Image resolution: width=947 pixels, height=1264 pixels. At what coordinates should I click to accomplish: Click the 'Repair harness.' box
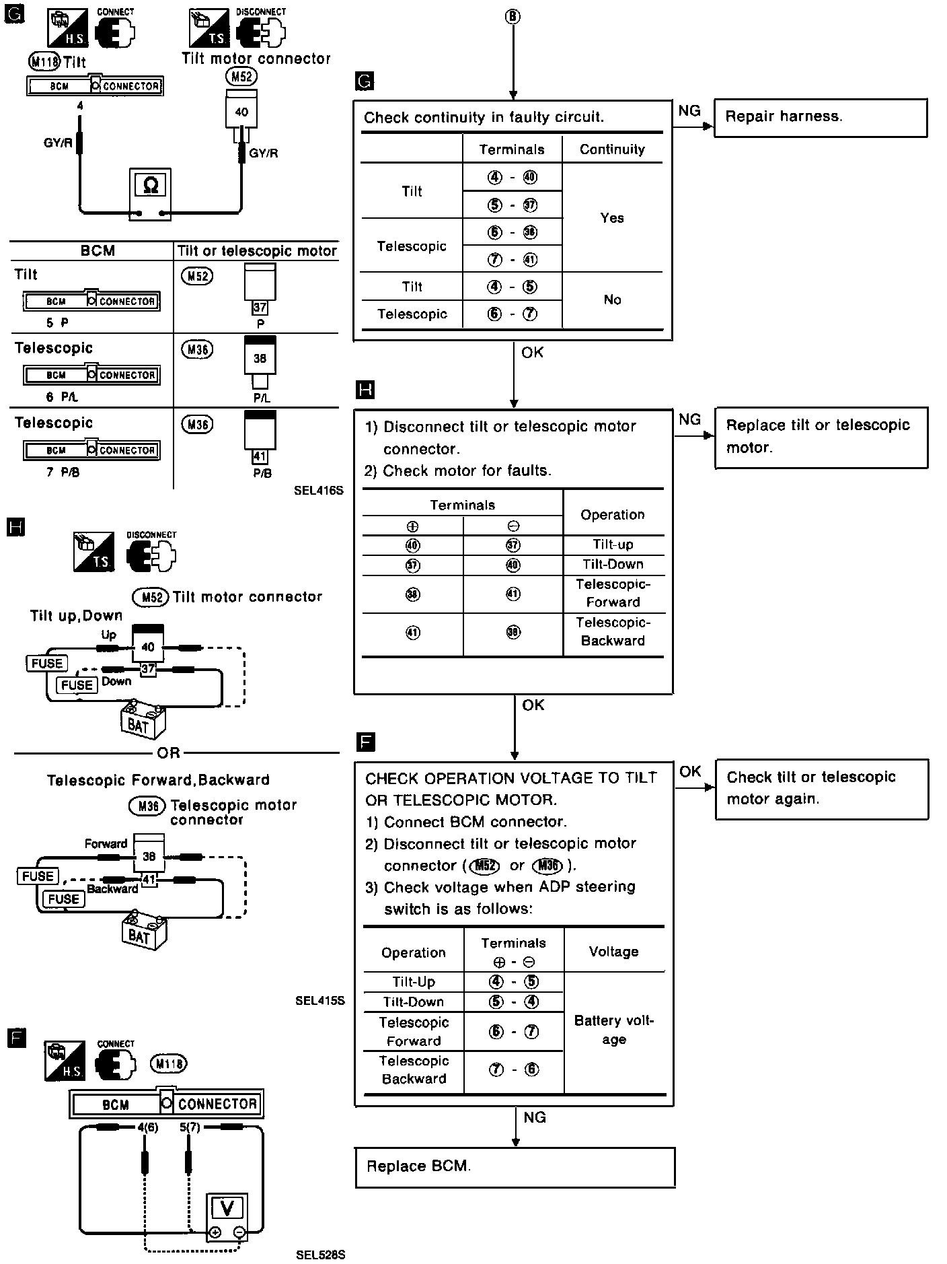[820, 118]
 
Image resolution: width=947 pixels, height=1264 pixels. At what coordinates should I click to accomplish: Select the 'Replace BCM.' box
[515, 1166]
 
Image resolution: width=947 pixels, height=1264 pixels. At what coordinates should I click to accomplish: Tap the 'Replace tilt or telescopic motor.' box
[821, 437]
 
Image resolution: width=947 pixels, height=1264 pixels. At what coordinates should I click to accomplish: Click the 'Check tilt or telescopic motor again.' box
[821, 789]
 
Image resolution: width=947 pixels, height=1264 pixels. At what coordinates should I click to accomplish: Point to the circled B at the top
[513, 16]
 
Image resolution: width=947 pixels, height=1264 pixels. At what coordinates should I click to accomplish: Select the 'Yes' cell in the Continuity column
[612, 218]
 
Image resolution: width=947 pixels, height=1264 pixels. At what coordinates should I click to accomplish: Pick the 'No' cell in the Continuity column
[612, 300]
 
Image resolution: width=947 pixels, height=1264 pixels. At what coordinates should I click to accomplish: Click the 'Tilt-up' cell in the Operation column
[613, 545]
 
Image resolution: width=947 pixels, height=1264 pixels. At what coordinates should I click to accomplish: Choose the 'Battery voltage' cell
[613, 1030]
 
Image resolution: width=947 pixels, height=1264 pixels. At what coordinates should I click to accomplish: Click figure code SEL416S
[318, 491]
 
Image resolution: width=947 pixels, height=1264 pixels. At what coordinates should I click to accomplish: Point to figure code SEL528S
[320, 1255]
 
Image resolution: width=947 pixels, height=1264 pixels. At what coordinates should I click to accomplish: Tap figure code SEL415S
[319, 1000]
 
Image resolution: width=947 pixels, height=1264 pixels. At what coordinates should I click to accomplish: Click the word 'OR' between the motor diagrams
[168, 752]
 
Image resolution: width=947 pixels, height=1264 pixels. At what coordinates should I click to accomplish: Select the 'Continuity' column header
[612, 149]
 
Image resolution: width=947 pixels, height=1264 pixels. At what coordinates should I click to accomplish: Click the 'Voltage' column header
[613, 952]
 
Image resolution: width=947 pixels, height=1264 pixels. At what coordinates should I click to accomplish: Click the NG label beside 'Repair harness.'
[689, 111]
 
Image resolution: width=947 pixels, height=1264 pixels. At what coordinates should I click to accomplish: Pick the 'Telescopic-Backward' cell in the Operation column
[613, 631]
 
